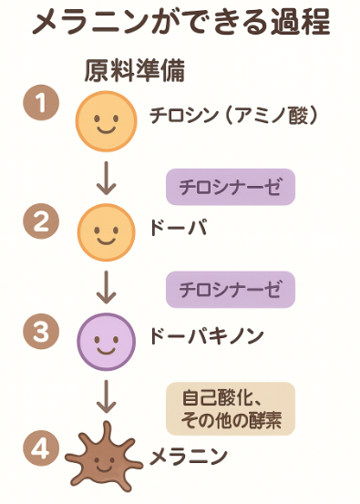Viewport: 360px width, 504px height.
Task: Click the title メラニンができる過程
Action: [x=180, y=25]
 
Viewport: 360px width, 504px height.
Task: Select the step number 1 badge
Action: [x=41, y=104]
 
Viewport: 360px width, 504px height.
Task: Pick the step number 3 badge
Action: [x=41, y=333]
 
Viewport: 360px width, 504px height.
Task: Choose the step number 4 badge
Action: [x=41, y=447]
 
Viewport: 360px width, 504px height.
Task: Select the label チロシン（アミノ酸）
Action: [x=232, y=115]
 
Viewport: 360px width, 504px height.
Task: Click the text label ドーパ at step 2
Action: [x=178, y=228]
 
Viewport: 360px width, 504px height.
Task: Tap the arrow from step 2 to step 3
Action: [x=107, y=286]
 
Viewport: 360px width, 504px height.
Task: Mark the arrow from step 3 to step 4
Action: [x=107, y=396]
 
